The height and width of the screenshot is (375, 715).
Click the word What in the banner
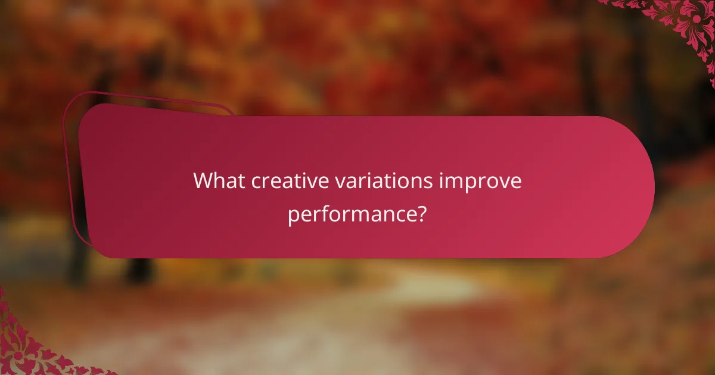[219, 181]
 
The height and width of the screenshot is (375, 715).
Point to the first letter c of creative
[256, 182]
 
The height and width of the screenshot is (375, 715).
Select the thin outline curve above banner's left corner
[149, 96]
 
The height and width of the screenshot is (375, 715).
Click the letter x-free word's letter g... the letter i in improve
[441, 181]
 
